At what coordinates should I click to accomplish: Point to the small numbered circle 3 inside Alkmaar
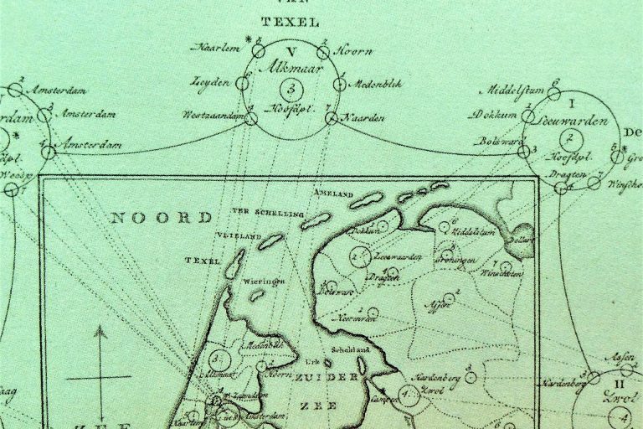290,88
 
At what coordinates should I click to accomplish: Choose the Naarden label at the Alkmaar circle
363,118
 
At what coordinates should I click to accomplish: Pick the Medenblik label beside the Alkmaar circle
368,84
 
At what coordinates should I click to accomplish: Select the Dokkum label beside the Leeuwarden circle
496,114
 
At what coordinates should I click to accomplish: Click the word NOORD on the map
162,218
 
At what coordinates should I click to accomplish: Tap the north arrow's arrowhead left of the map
100,332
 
